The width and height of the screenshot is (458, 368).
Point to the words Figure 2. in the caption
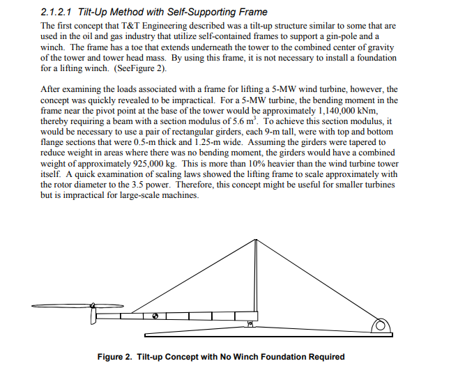coord(115,357)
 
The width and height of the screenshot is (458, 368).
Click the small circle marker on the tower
coord(156,316)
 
